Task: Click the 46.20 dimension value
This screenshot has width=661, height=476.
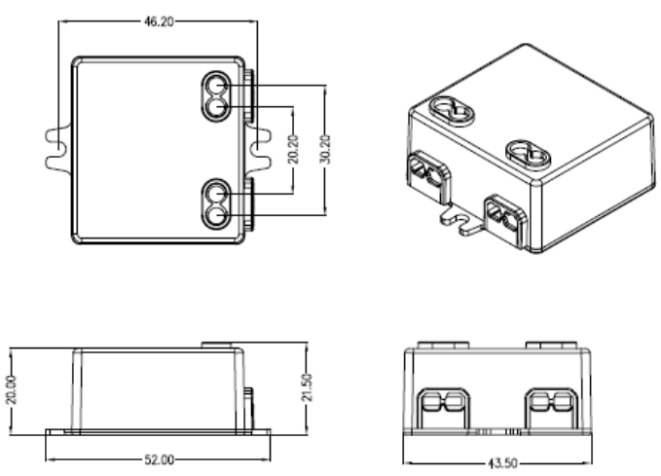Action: [x=159, y=22]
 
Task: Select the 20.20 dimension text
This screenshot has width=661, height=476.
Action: [x=293, y=149]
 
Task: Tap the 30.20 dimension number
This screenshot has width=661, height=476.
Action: [x=325, y=149]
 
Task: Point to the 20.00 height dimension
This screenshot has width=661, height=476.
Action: [x=12, y=389]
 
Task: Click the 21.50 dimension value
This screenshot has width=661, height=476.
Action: [x=309, y=387]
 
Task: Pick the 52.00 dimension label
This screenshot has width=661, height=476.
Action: [x=159, y=459]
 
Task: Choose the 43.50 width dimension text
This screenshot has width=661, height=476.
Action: [x=502, y=463]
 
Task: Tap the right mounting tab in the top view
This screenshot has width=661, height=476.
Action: [x=258, y=149]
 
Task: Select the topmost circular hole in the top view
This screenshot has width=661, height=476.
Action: [x=216, y=86]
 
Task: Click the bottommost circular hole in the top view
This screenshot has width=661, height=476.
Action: [x=216, y=216]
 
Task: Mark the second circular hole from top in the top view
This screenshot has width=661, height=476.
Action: [x=216, y=107]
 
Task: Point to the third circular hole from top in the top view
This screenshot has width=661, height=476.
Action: [x=216, y=195]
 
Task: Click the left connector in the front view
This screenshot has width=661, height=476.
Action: [x=443, y=409]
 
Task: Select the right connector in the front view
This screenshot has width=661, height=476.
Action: [x=551, y=409]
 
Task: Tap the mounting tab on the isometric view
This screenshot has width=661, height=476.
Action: [x=462, y=220]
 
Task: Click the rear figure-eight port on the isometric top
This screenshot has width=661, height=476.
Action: [x=453, y=111]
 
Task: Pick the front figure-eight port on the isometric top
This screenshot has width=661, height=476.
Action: [x=529, y=156]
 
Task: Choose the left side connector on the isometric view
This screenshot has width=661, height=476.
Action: [x=428, y=177]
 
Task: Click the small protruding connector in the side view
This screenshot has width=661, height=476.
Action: [x=249, y=409]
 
